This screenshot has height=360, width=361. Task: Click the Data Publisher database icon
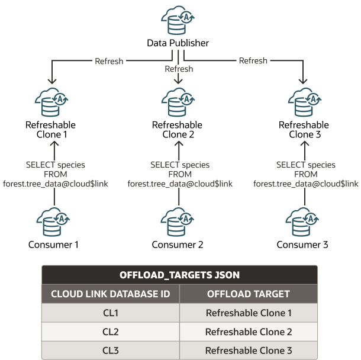[x=178, y=21]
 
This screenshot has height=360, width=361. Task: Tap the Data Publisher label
[x=178, y=43]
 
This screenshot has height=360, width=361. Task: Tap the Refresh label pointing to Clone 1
[x=109, y=60]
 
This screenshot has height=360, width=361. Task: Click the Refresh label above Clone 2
[x=179, y=69]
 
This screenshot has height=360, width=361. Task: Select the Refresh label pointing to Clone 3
[x=253, y=60]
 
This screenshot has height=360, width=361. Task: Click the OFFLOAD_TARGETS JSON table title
[x=179, y=275]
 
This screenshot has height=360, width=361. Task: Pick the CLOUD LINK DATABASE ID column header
[x=110, y=294]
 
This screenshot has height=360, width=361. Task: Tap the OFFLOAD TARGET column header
[x=249, y=294]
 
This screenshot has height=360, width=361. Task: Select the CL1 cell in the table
[x=110, y=313]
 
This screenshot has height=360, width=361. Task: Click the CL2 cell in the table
[x=110, y=332]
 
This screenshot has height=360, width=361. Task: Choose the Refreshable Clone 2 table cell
[x=249, y=332]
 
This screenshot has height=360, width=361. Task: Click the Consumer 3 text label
[x=304, y=245]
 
